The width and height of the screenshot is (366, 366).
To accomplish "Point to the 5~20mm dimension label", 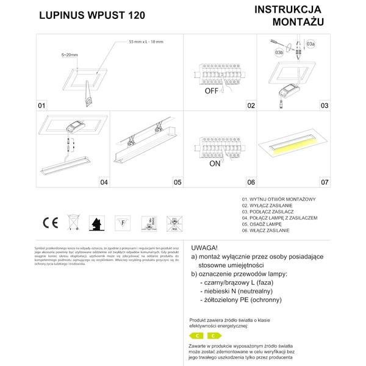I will tap(70, 55).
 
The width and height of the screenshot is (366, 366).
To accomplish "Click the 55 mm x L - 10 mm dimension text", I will tap(146, 41).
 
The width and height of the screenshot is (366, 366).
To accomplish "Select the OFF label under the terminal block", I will tap(211, 91).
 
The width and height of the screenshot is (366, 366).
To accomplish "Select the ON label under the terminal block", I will tap(215, 164).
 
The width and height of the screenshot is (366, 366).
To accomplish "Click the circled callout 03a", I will tap(310, 45).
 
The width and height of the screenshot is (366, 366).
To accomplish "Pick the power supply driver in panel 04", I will tap(77, 127).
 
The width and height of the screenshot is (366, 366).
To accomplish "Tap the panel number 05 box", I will tap(177, 182).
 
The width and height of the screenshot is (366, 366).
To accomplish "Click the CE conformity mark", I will tap(49, 223).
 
